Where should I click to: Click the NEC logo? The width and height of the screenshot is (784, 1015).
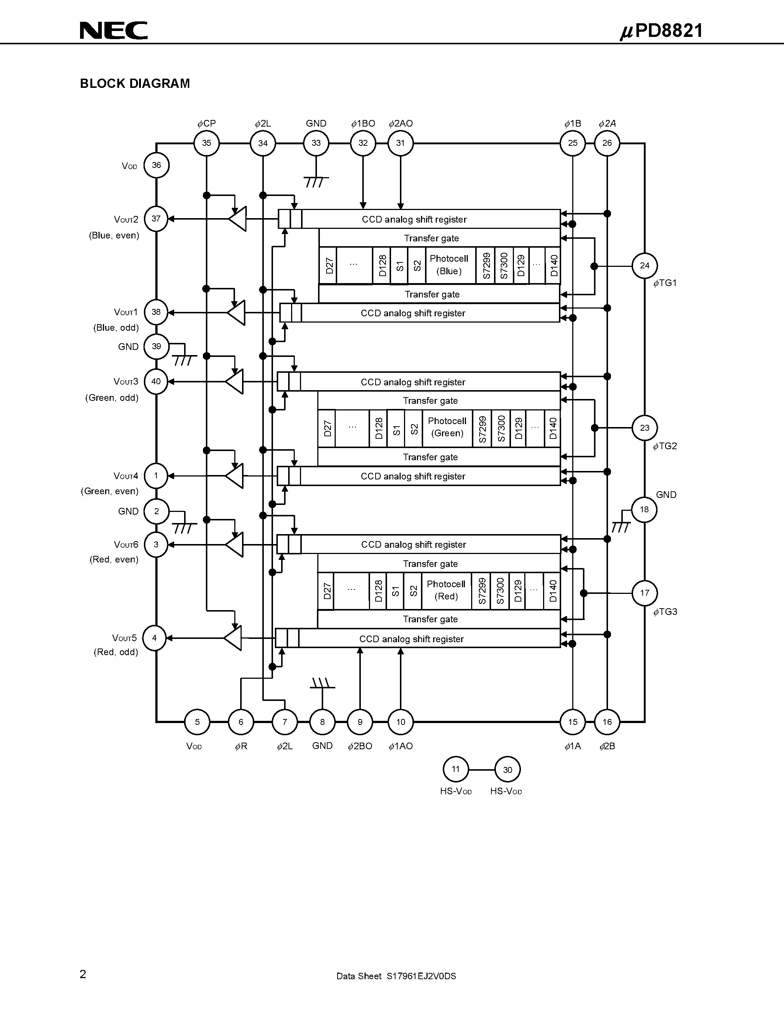click(x=113, y=30)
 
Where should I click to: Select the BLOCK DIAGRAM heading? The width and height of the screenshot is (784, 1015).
click(x=135, y=84)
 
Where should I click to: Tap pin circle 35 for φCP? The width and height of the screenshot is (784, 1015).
click(x=207, y=143)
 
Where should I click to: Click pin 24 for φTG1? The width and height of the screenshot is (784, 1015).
click(x=644, y=266)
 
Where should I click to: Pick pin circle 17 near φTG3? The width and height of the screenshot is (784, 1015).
click(x=644, y=593)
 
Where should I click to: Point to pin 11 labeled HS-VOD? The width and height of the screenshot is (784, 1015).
click(x=456, y=769)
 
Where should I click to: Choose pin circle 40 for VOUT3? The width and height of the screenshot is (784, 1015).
click(x=156, y=382)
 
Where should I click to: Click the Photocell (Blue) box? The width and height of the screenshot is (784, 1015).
click(x=449, y=265)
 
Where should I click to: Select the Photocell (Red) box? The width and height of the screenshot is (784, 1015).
click(x=446, y=590)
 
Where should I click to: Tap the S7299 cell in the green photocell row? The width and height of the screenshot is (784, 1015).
click(x=482, y=428)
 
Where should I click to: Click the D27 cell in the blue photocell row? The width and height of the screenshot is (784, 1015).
click(x=328, y=265)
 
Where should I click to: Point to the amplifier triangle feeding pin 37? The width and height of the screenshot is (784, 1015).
click(x=238, y=219)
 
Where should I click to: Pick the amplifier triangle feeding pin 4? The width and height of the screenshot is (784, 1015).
click(x=234, y=638)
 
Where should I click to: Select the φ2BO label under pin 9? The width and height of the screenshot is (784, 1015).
click(x=360, y=746)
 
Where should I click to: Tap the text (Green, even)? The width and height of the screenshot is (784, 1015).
click(x=110, y=491)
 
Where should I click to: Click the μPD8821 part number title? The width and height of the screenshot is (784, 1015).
click(x=662, y=31)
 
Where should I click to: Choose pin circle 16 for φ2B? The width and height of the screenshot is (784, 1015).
click(x=607, y=722)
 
